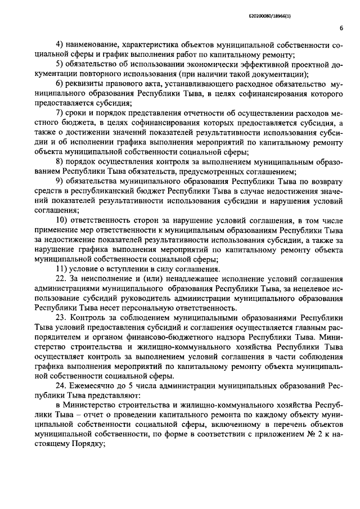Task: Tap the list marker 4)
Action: (58, 44)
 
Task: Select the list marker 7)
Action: (58, 114)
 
